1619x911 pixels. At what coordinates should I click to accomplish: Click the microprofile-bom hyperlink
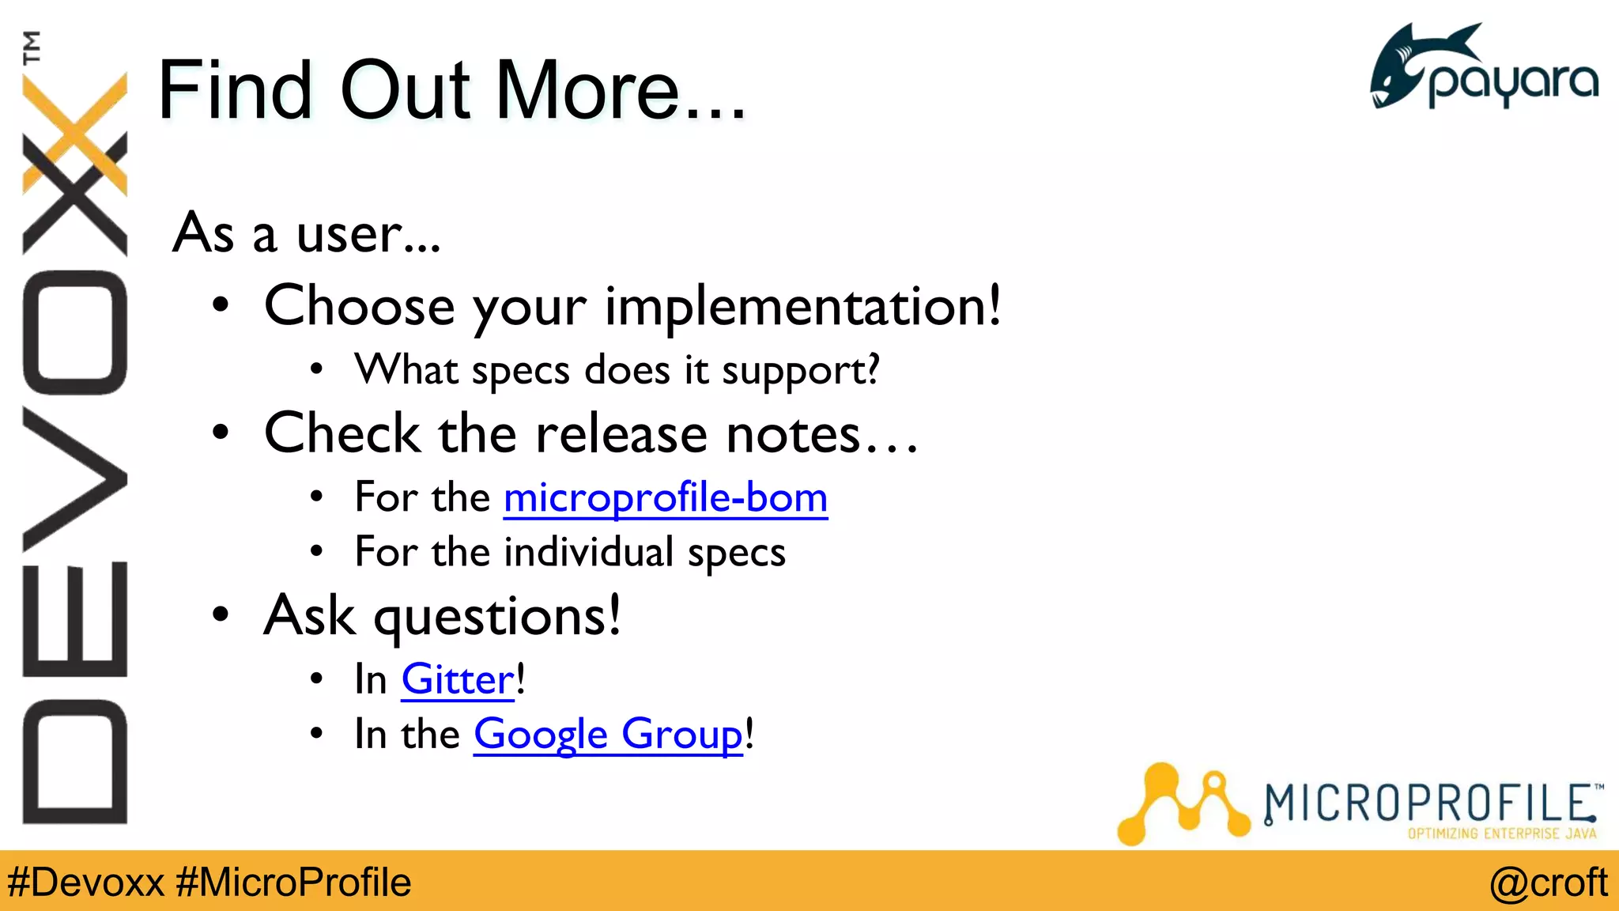tap(665, 498)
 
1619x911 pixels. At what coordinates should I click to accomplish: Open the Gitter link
tap(458, 680)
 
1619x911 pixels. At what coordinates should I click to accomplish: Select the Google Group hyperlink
tap(608, 735)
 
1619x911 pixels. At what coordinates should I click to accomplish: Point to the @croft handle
tap(1548, 883)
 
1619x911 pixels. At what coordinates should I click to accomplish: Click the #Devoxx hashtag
tap(85, 883)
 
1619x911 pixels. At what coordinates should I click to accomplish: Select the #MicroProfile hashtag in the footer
tap(293, 883)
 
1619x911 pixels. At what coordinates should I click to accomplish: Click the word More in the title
tap(588, 91)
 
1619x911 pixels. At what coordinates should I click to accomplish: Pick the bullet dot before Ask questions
tap(221, 614)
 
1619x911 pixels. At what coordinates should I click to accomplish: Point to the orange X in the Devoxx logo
tap(75, 134)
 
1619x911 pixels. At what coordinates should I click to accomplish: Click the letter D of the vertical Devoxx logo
tap(75, 762)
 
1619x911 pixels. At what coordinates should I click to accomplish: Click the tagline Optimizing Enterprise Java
tap(1501, 834)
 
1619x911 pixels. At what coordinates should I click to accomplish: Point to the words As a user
tap(306, 234)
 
